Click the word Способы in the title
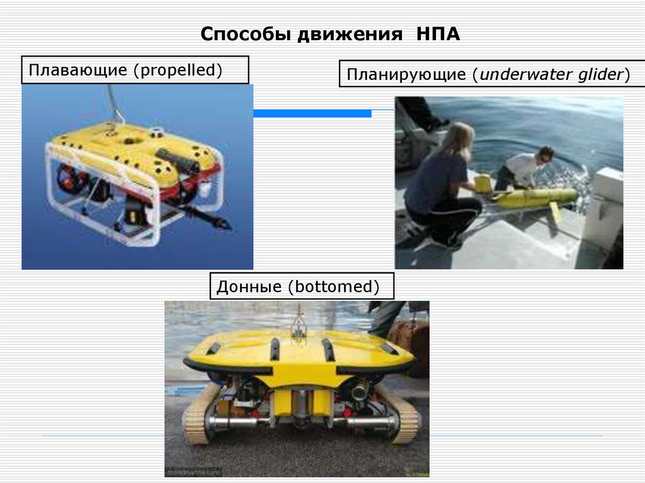240,34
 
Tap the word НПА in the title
438,33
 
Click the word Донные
249,287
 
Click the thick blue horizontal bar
312,113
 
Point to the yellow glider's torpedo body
535,197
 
